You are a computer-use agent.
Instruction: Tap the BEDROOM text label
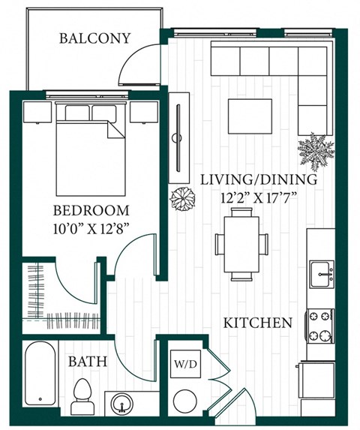(91, 211)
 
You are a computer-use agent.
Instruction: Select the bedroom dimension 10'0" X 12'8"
(91, 229)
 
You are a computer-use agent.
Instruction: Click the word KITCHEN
(257, 323)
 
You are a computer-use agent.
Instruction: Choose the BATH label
(87, 362)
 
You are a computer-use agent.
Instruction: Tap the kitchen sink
(322, 273)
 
